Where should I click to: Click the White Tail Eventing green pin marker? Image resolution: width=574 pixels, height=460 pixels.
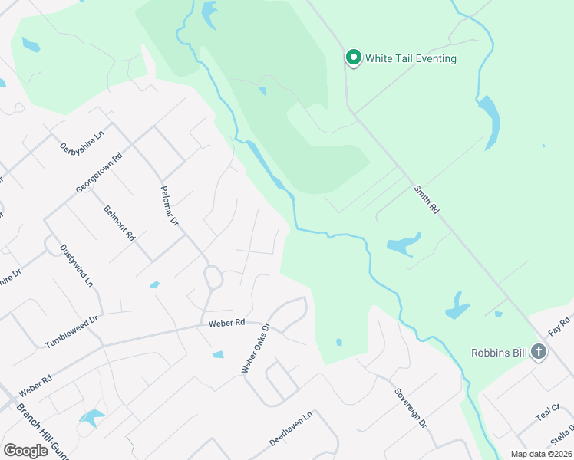[353, 58]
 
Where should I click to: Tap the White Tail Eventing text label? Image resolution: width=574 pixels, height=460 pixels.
[411, 58]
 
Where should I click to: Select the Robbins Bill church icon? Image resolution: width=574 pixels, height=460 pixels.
[539, 353]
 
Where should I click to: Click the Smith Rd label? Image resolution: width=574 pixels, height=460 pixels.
[427, 199]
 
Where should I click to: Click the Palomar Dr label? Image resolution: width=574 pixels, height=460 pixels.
[169, 205]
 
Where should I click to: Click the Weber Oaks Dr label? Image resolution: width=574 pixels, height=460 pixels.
[256, 347]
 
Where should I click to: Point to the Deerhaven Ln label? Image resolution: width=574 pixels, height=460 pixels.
[292, 431]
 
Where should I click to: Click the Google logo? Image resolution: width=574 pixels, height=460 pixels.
[25, 451]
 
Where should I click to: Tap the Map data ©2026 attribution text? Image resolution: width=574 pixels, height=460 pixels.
[541, 454]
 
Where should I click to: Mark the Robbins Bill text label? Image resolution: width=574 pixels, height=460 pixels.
[500, 353]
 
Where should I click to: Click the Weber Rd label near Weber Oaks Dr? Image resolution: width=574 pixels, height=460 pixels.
[226, 324]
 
